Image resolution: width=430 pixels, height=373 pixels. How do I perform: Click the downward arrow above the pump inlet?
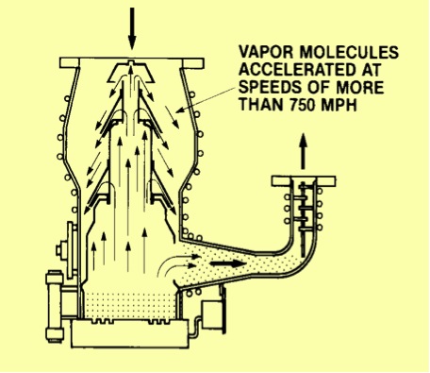(132, 28)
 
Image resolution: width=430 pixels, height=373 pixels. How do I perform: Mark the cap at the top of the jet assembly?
(131, 71)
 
